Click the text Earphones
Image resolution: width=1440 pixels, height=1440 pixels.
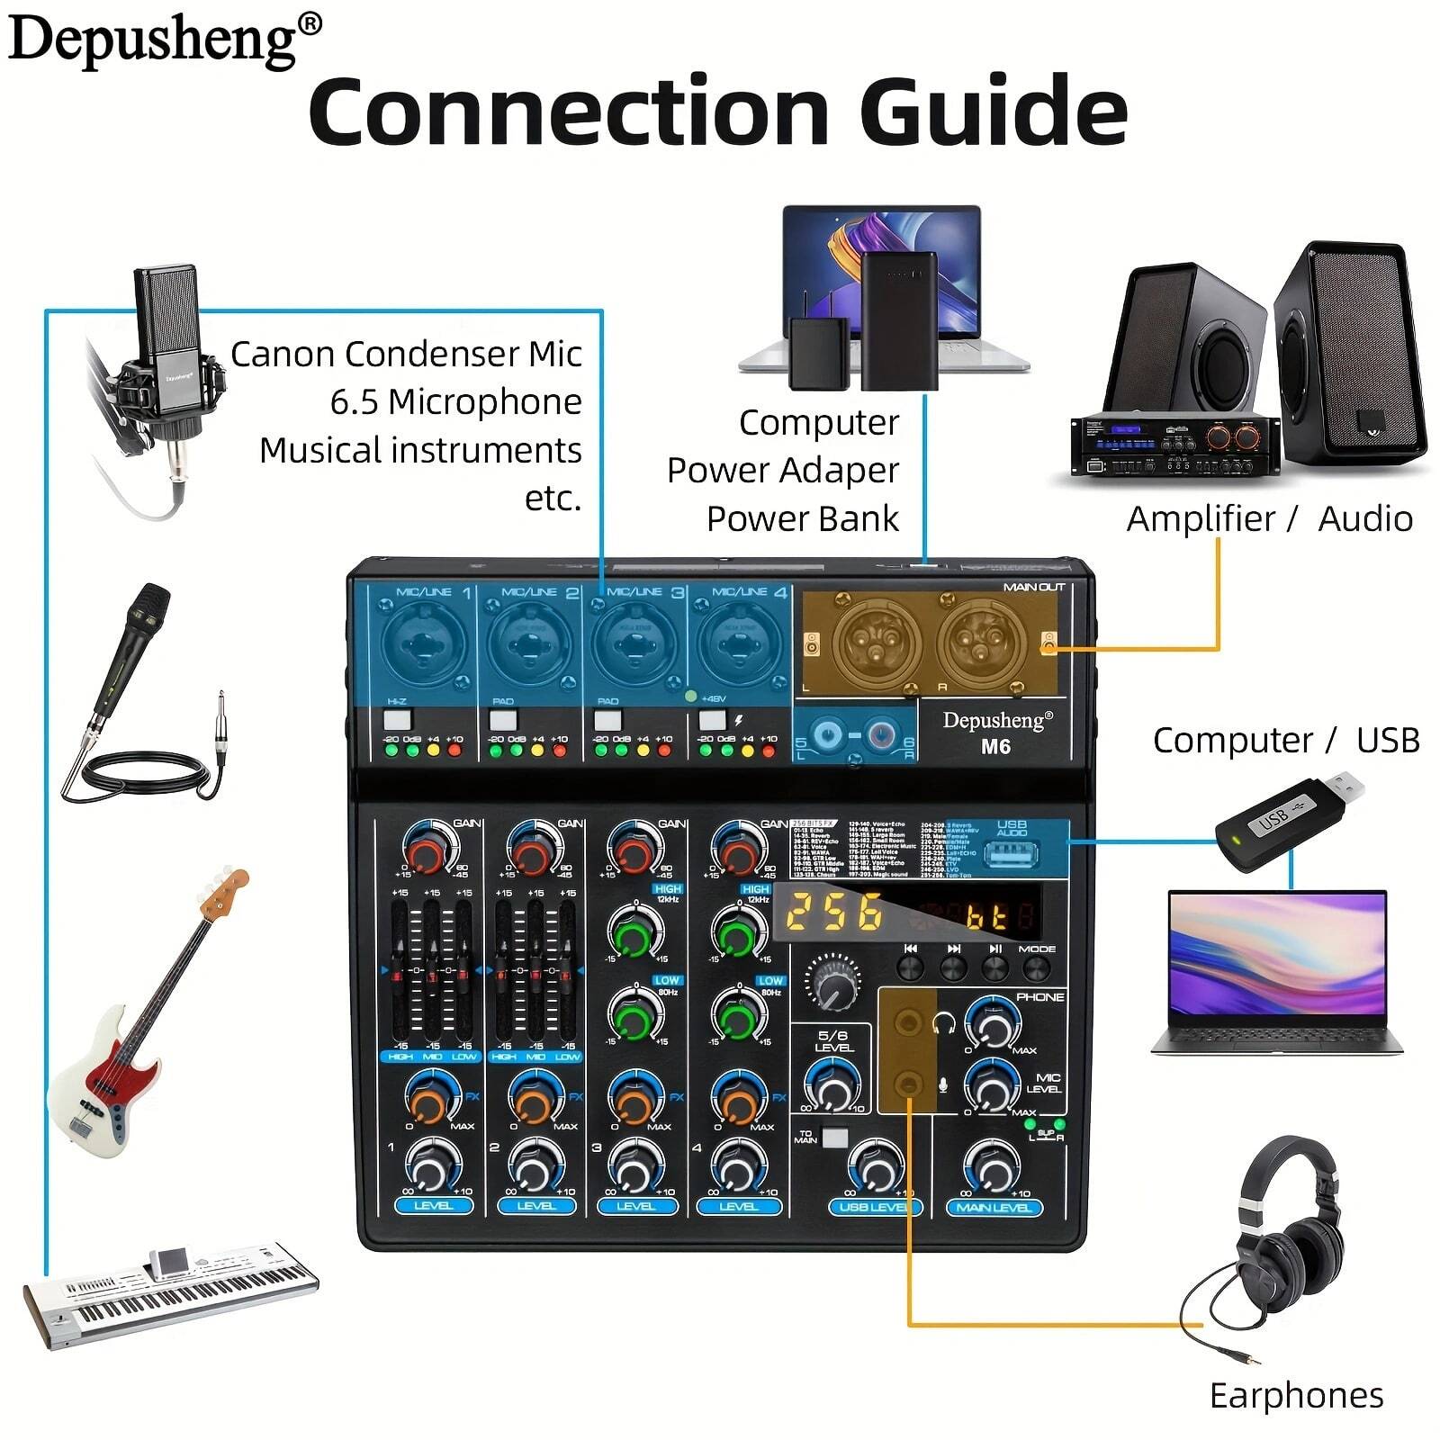coord(1296,1396)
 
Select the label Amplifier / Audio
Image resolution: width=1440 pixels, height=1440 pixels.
coord(1269,519)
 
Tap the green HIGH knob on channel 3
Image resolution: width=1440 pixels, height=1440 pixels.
coord(634,933)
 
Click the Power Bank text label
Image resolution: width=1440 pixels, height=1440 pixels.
coord(802,519)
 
